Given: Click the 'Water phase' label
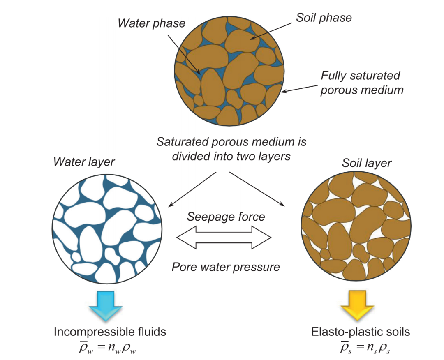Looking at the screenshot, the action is click(151, 23).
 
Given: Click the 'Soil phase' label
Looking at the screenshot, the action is click(324, 18).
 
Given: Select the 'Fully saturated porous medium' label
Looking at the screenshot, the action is click(362, 83).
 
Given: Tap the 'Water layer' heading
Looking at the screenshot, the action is click(84, 162).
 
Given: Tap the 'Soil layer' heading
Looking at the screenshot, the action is click(367, 163).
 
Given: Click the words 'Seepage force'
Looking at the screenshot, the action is click(226, 217).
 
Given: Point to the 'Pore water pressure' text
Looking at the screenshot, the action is click(226, 267).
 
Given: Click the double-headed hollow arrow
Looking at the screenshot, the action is click(224, 238).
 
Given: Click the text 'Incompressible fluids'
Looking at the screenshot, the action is click(110, 332).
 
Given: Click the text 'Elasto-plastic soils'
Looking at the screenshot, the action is click(361, 332).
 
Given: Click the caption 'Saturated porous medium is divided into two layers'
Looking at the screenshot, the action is click(231, 149).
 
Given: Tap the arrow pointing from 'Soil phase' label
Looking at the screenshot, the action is click(271, 31).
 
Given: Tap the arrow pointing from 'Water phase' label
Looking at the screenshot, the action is click(184, 55).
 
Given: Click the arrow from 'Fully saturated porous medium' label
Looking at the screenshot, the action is click(299, 89).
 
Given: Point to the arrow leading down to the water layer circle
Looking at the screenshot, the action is click(192, 189).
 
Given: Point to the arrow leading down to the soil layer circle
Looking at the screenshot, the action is click(257, 189).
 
